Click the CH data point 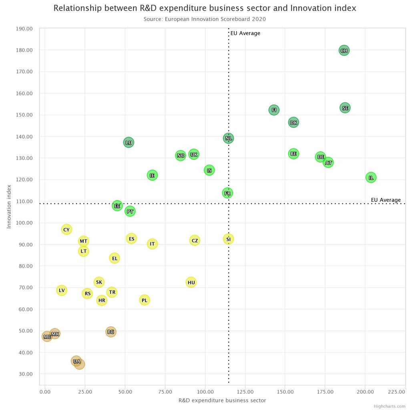(x=344, y=50)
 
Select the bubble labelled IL (x=371, y=177)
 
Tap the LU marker (x=129, y=143)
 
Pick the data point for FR (x=227, y=193)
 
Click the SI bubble (x=228, y=239)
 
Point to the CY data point (x=66, y=229)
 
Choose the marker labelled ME (x=47, y=336)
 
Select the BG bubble (x=111, y=332)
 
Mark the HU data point (x=191, y=282)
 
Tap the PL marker (x=145, y=300)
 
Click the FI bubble (x=274, y=110)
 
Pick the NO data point (x=181, y=155)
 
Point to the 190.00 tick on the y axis (x=25, y=28)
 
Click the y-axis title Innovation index (x=9, y=207)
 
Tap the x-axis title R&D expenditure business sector (x=222, y=400)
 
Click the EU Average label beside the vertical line (x=245, y=33)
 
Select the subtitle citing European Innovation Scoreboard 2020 (x=205, y=19)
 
